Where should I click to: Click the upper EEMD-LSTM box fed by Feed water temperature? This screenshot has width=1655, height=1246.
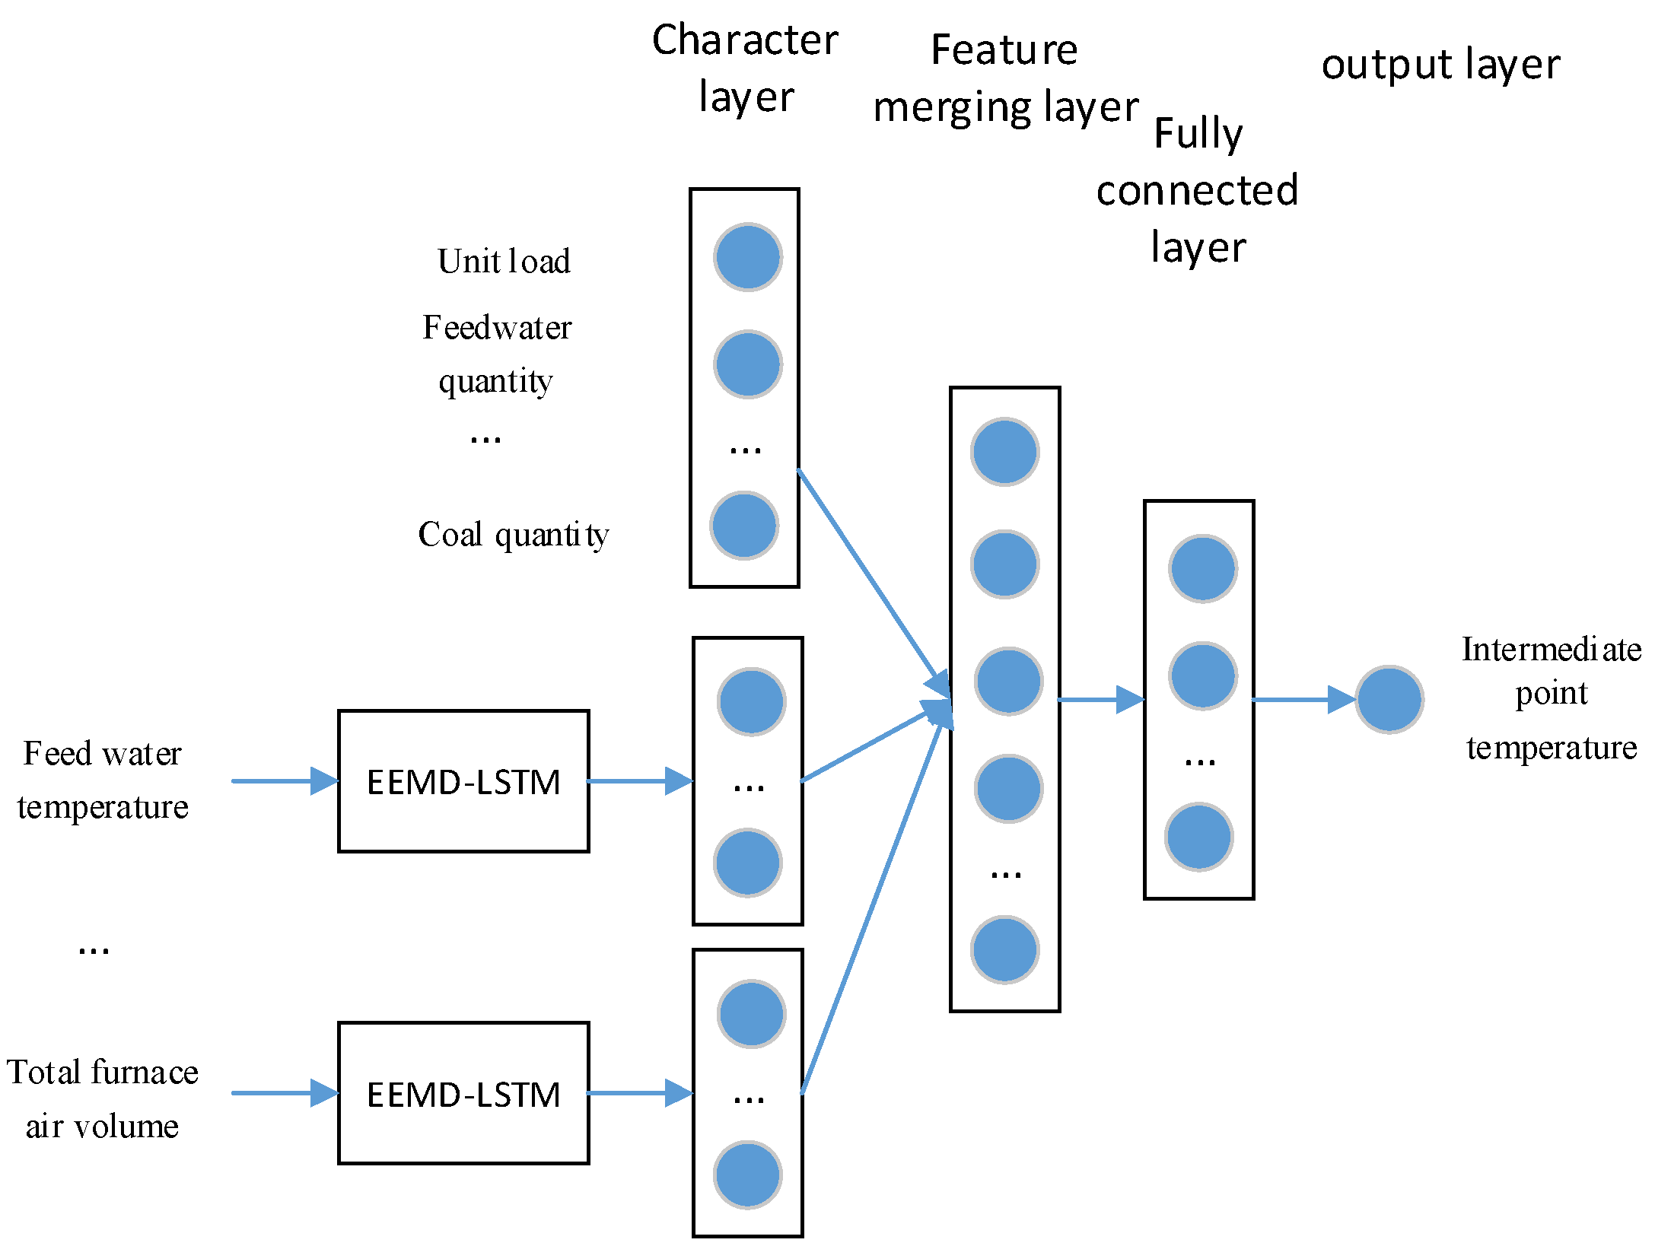463,781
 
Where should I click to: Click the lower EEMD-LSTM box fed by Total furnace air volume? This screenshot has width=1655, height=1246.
463,1093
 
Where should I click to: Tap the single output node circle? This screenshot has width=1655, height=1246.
1389,700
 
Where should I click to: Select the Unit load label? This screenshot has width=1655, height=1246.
504,261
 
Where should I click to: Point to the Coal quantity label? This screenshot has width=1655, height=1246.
514,535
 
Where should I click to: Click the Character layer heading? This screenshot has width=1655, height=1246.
745,68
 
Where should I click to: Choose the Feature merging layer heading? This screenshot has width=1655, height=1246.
1005,78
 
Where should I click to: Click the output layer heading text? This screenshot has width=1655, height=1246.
1440,65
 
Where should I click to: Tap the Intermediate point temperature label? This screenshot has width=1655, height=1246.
1552,698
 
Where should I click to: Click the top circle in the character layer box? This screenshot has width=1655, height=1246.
748,257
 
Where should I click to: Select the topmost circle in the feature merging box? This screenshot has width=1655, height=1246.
1005,452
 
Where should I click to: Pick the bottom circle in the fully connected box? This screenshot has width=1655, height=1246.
1199,837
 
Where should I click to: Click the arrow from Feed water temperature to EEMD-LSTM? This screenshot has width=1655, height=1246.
285,781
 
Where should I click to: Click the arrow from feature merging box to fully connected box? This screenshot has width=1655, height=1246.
1101,700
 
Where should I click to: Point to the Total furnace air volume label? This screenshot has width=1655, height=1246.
103,1099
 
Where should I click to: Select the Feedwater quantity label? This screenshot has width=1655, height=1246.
497,354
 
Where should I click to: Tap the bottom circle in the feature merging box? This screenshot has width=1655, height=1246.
1005,950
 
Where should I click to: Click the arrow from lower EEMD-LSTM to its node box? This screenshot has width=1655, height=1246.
639,1093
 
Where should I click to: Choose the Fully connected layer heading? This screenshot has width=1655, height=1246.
1198,190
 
